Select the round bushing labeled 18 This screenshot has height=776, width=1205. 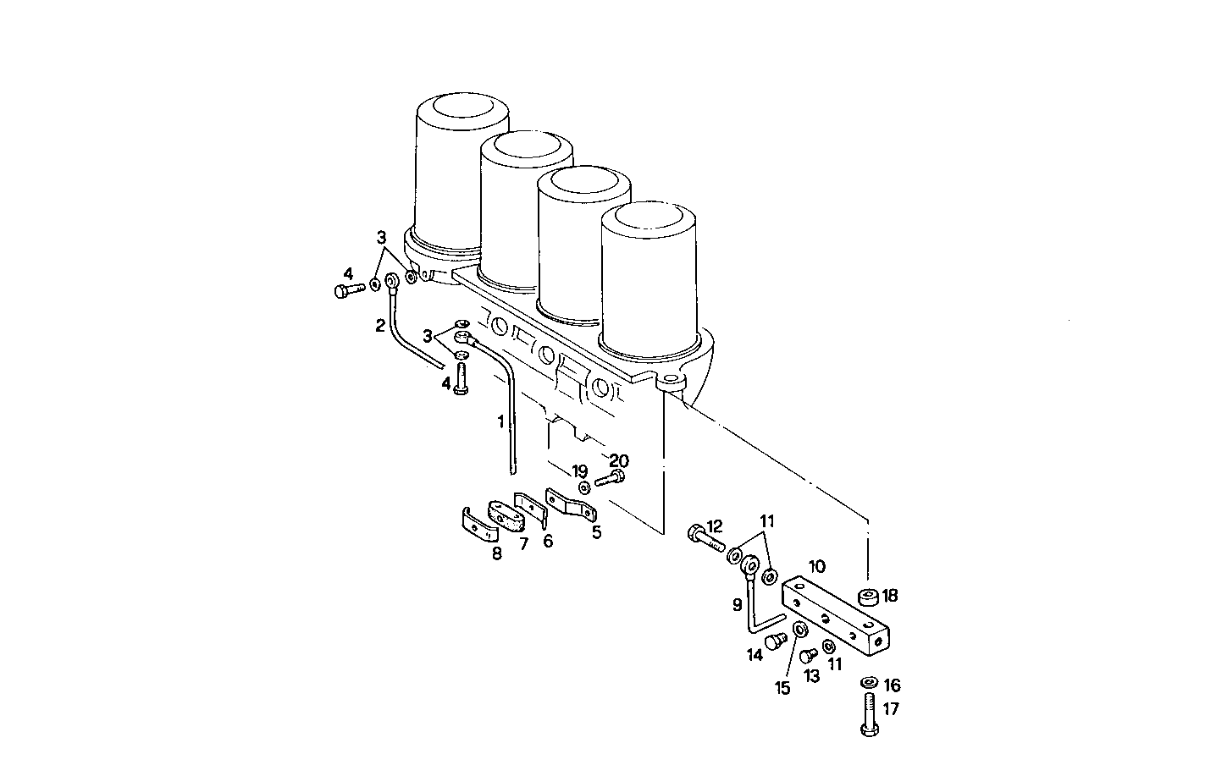coord(868,597)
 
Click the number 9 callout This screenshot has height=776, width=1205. coord(737,604)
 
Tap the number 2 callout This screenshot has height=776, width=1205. coord(381,324)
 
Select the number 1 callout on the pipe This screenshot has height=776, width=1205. coord(501,420)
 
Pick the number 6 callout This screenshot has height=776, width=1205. coord(548,541)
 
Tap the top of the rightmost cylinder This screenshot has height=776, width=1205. coord(649,218)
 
